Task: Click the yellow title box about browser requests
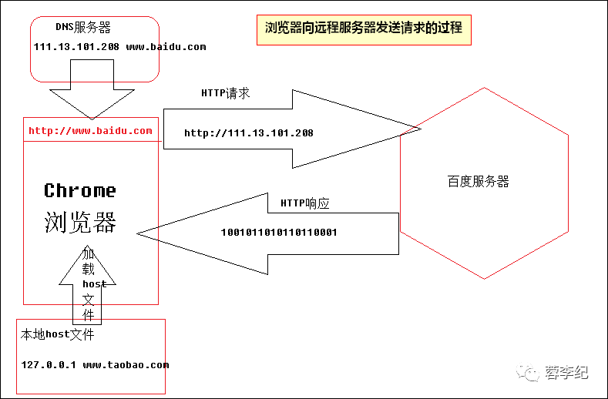364,28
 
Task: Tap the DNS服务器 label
83,28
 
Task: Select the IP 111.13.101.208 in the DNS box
76,47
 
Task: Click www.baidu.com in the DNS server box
166,47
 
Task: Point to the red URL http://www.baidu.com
90,131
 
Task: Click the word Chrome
80,190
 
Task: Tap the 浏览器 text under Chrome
80,223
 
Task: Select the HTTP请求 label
225,93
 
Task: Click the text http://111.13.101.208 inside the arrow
249,133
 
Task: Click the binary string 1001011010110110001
279,232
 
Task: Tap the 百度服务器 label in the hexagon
478,183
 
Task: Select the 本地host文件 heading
58,335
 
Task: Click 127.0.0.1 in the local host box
49,365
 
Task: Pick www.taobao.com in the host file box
126,365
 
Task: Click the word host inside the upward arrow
94,284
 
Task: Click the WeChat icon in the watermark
531,373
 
